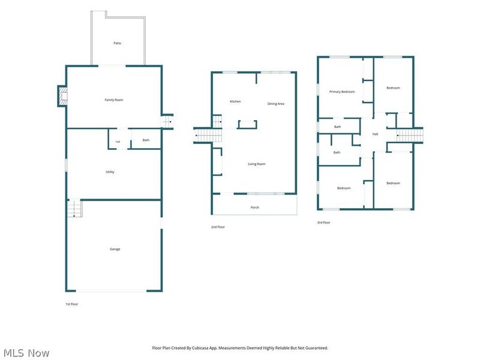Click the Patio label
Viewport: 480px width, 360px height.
coord(117,43)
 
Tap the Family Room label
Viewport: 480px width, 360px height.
coord(114,100)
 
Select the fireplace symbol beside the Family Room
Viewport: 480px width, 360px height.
coord(63,96)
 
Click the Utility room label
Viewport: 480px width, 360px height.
coord(110,172)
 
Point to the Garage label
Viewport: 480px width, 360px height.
coord(115,249)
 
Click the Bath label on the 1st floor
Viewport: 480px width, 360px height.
coord(146,140)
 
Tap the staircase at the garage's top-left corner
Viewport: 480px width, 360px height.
coord(74,208)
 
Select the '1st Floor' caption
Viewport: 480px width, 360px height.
coord(72,304)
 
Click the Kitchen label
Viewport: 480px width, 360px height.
coord(235,101)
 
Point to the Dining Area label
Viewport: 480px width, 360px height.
coord(276,104)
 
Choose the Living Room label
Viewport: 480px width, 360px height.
coord(257,164)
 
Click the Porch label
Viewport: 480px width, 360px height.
coord(254,207)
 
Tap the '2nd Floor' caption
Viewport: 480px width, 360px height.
coord(218,227)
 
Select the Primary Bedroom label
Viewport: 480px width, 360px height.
coord(342,92)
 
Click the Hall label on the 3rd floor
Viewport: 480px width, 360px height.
coord(376,134)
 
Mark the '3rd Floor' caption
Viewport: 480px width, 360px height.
coord(323,223)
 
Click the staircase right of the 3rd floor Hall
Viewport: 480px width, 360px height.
coord(410,136)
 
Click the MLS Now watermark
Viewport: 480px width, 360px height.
coord(26,353)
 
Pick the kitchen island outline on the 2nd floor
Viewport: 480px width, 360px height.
coord(247,124)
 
